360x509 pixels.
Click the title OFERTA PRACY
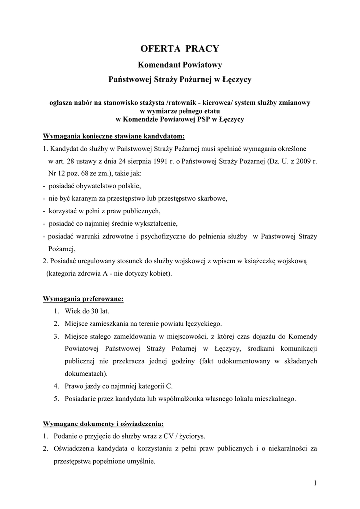coord(180,48)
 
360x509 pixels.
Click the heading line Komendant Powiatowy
coord(180,65)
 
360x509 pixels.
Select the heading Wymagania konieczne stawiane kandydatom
coord(114,136)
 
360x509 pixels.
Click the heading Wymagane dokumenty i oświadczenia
coord(103,424)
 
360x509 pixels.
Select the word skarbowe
coord(210,198)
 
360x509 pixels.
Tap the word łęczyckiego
coord(197,323)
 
